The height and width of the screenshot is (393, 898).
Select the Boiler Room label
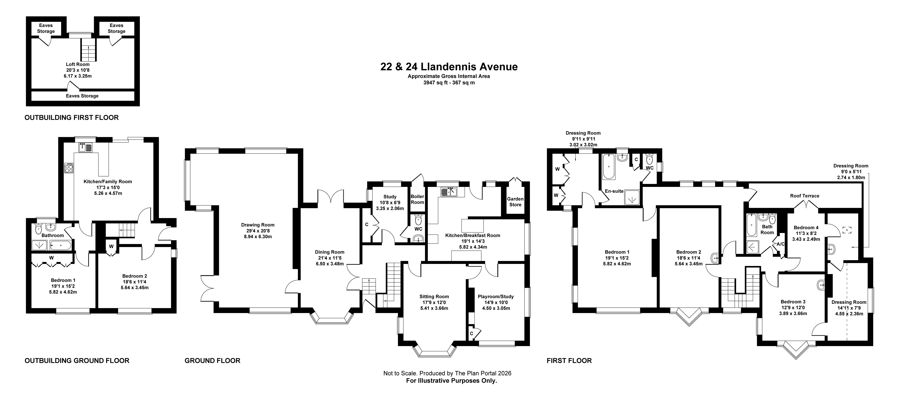[x=417, y=199]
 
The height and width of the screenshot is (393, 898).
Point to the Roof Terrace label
[x=805, y=196]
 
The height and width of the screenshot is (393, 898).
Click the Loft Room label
[x=78, y=64]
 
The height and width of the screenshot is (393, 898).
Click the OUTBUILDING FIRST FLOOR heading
[x=71, y=118]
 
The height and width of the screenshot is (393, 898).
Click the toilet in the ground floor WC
[x=418, y=219]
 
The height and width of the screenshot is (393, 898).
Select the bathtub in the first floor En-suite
[x=608, y=166]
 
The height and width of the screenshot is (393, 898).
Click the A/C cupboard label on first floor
[x=781, y=244]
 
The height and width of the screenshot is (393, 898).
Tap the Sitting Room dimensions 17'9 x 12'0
[x=434, y=302]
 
